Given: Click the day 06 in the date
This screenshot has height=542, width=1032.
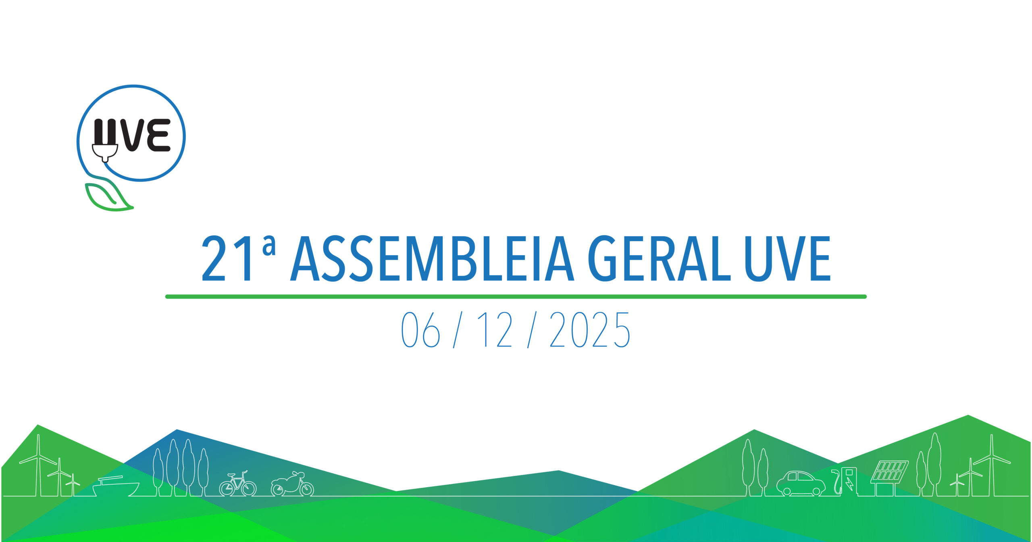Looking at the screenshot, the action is coord(420,330).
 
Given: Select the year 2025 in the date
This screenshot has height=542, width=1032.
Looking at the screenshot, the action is coord(589,330).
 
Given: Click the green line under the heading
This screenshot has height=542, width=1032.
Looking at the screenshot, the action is coord(516,297).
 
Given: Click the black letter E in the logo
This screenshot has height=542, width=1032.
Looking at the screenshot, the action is coord(158,135).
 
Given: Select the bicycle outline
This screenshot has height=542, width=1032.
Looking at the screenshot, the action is coord(238,484).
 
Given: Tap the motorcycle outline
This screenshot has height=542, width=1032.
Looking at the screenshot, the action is coord(292,484).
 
